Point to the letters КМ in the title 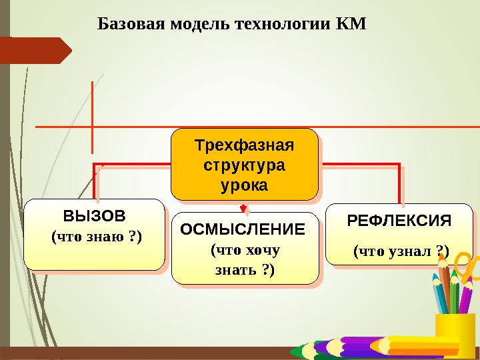tap(352, 25)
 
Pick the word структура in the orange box tap(244, 165)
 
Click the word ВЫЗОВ tap(93, 217)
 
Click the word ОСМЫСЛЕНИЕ tap(243, 230)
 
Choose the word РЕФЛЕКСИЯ tap(400, 221)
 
